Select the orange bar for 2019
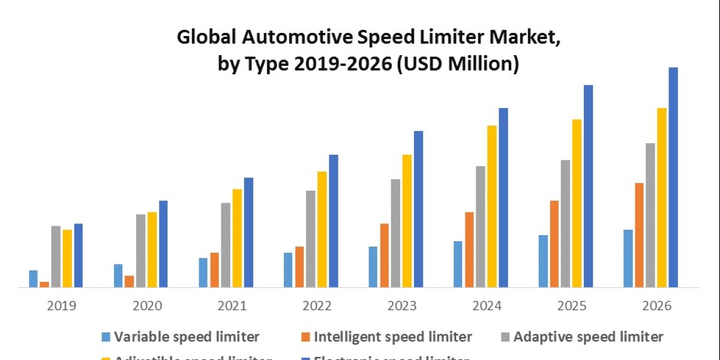[44, 284]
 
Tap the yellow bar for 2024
[492, 206]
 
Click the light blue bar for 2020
[118, 276]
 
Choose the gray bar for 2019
[56, 256]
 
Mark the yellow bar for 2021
[237, 238]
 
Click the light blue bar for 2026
[628, 259]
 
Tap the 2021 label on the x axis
[232, 306]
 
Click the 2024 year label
[487, 306]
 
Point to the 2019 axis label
[61, 306]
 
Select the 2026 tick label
[657, 306]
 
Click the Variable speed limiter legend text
[187, 337]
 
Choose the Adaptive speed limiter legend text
[589, 337]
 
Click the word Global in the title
[205, 38]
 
